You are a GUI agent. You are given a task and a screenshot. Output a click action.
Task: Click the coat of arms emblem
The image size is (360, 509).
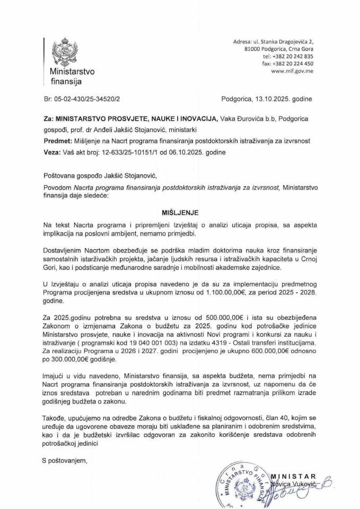tap(60, 51)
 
